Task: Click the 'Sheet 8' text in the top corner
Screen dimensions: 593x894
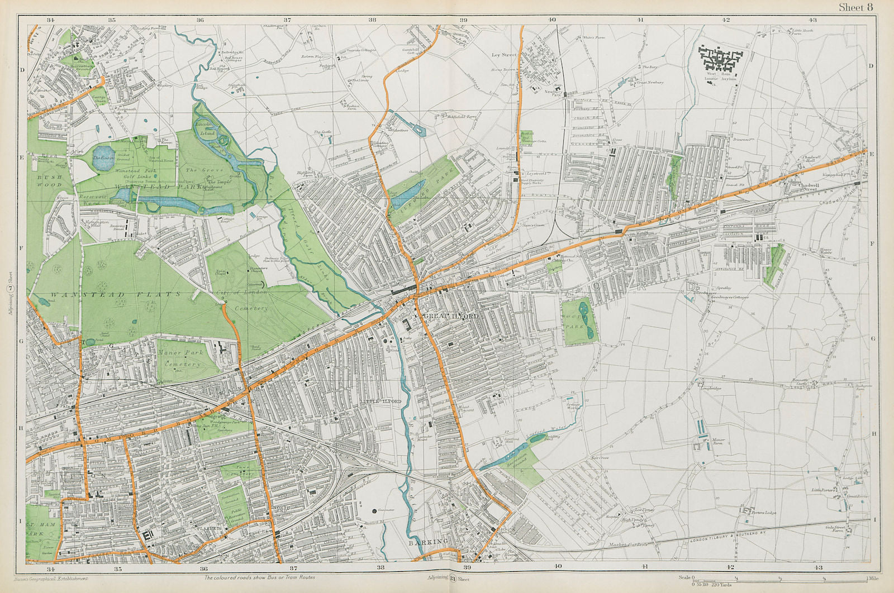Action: tap(854, 7)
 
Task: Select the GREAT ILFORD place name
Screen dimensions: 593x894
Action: tap(444, 317)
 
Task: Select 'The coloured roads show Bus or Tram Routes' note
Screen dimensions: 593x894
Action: tap(259, 578)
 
